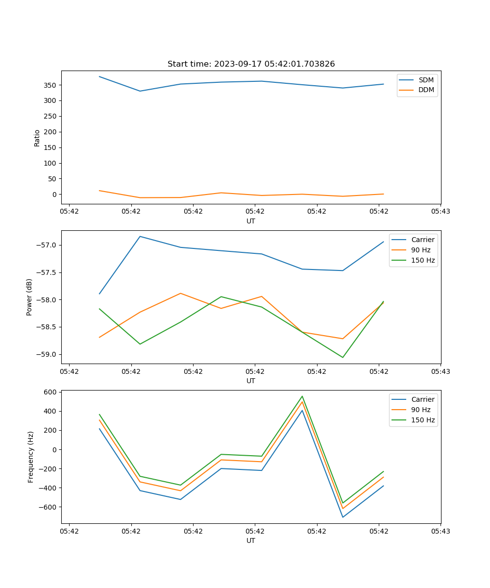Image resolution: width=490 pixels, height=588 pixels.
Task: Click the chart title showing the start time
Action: (251, 64)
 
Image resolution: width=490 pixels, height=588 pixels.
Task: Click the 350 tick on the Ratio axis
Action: (51, 85)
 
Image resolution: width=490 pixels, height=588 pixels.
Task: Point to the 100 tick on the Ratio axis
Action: (51, 163)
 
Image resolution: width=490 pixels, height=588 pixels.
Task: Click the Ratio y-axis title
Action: (37, 138)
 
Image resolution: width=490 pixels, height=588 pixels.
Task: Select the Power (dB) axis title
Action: (29, 297)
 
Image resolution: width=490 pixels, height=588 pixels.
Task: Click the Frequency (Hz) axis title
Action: (30, 457)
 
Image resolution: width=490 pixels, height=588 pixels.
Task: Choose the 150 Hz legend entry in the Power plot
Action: (423, 260)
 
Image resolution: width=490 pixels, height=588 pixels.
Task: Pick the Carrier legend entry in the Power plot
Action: (422, 240)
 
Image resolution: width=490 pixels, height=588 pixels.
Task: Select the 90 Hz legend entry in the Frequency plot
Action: (421, 410)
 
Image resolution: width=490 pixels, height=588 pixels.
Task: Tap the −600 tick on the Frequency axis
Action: (49, 507)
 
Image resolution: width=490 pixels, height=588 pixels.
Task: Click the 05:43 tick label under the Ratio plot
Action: (440, 212)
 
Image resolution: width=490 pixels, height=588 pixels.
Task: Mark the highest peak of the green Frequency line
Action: (302, 396)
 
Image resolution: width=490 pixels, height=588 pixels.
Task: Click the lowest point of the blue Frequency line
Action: (343, 517)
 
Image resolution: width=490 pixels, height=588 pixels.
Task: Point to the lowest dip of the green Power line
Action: (343, 357)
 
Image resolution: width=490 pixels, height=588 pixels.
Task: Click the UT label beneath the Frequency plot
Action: (251, 540)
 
